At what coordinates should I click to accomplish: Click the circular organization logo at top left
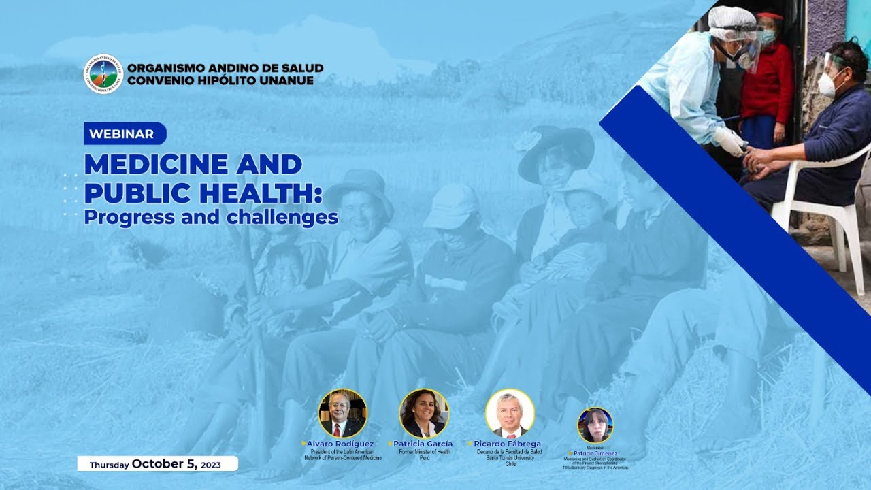click(x=103, y=74)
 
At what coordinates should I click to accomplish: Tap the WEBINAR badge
click(x=125, y=133)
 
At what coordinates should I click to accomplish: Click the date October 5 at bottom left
click(x=164, y=464)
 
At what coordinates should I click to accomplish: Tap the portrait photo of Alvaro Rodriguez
click(x=342, y=413)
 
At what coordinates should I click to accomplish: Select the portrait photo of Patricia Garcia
click(x=423, y=413)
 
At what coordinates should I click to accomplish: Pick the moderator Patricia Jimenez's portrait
click(x=595, y=425)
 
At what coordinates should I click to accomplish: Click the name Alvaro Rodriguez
click(x=340, y=444)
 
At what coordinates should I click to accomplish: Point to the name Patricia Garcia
click(x=423, y=444)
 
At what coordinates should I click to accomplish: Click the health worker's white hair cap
click(x=732, y=20)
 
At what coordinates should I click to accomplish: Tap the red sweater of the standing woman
click(x=768, y=85)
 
